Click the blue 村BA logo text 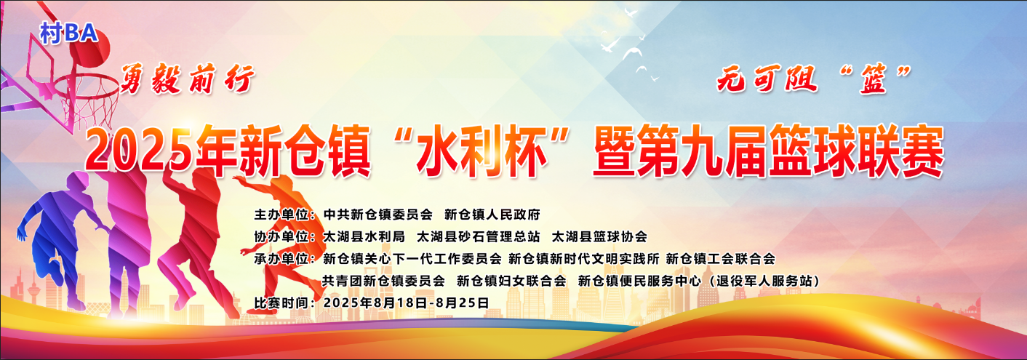[68, 33]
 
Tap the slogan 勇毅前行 [187, 79]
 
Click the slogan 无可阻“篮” [814, 79]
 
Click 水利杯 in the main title [481, 151]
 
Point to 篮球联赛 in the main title [856, 151]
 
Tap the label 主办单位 [281, 215]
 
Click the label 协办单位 [281, 236]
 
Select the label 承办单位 [281, 259]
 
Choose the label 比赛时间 [281, 303]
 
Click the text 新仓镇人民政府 [492, 215]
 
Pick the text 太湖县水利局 [364, 236]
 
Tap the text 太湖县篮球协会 [600, 236]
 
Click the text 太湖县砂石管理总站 [478, 236]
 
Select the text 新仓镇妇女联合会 [511, 281]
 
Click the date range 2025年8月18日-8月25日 [406, 303]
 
